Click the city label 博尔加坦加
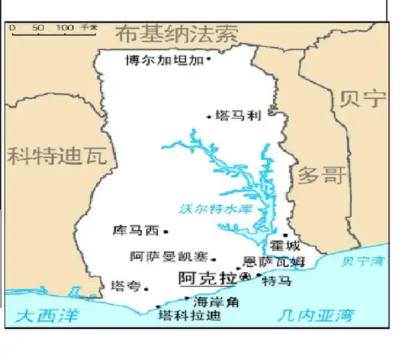click(x=164, y=60)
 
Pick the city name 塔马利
click(x=234, y=115)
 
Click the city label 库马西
click(x=136, y=232)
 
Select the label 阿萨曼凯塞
click(x=168, y=257)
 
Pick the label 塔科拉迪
click(x=189, y=316)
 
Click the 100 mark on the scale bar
click(x=65, y=27)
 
